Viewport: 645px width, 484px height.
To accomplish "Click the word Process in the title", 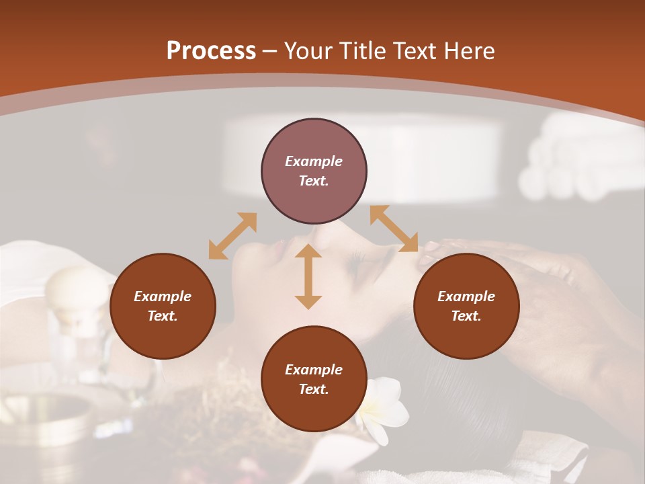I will pos(211,51).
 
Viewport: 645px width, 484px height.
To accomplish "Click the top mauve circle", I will pos(314,171).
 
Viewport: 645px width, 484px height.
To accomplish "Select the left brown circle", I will pos(163,307).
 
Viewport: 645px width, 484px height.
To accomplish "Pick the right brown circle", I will pos(466,307).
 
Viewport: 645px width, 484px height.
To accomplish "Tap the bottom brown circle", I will pos(314,380).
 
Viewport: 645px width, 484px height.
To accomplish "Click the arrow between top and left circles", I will pos(232,235).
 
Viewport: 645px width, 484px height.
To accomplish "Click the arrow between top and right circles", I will pos(394,229).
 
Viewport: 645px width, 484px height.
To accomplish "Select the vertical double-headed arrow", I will pos(308,276).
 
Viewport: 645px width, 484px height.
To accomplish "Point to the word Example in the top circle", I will pos(314,161).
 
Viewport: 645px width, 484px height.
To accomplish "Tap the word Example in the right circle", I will pos(466,296).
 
